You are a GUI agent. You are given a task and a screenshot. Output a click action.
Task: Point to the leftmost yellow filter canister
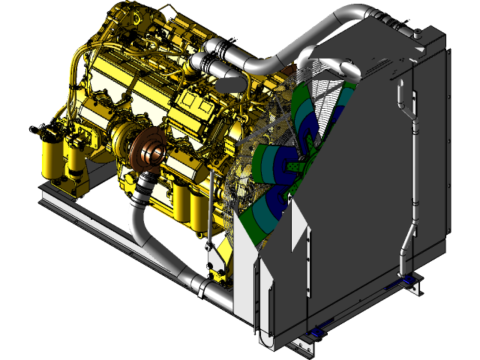[51, 157]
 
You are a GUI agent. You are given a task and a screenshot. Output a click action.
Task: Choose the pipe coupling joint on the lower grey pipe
[197, 284]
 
